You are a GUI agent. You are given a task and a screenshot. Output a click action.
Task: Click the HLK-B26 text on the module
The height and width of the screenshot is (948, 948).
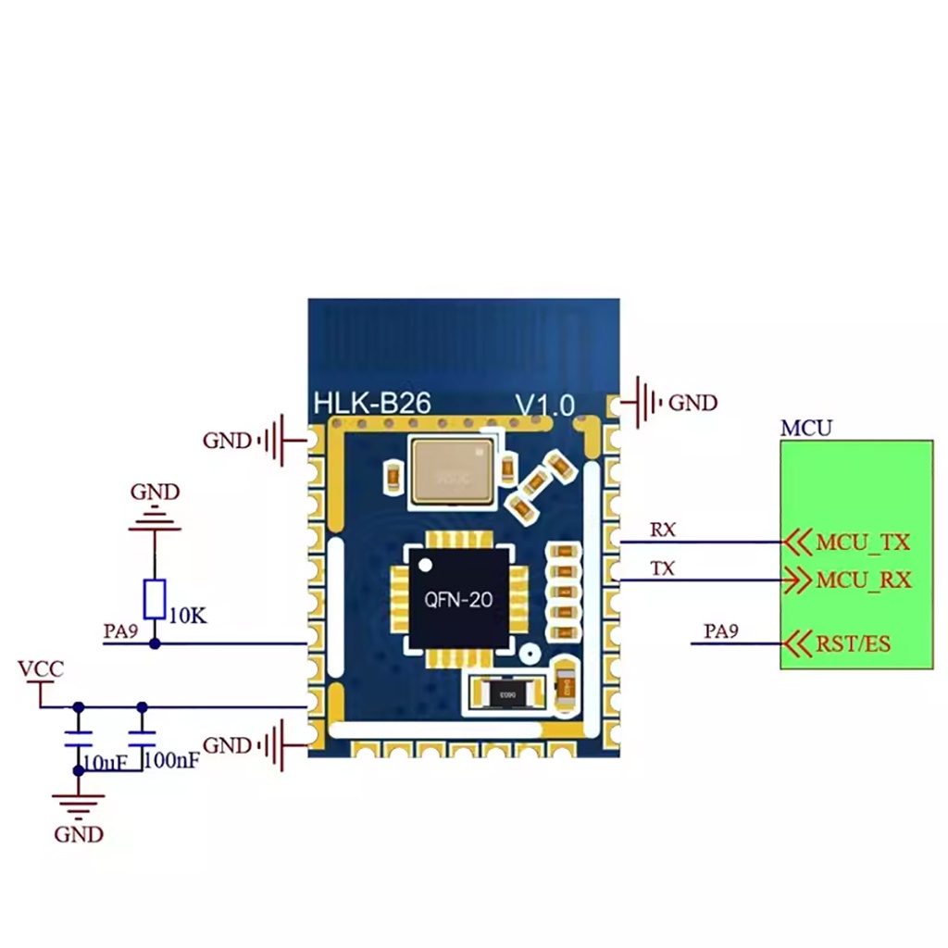coord(372,403)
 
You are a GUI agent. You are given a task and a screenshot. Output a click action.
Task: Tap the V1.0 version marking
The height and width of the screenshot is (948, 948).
coord(545,405)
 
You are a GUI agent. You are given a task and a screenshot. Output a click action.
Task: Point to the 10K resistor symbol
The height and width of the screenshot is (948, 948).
coord(155,599)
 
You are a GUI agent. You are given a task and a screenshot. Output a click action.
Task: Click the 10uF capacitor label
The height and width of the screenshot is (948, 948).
coord(104,762)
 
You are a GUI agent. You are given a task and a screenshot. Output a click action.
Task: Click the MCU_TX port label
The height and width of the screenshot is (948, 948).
coord(863,542)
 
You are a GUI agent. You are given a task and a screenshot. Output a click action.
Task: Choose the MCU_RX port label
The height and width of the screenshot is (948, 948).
coord(863,580)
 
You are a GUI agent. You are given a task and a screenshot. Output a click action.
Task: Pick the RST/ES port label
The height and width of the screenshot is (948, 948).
coord(853,642)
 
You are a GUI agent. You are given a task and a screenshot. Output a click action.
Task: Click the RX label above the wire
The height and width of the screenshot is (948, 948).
coord(662,530)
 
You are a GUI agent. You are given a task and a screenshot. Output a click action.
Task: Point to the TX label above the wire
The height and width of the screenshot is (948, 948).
coord(662,569)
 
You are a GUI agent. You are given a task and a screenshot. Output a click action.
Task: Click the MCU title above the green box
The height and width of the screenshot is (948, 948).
coord(805,428)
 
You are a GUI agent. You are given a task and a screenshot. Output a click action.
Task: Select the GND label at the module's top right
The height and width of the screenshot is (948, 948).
coord(692,403)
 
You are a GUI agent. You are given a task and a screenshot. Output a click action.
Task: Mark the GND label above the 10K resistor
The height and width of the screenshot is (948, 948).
coord(155,492)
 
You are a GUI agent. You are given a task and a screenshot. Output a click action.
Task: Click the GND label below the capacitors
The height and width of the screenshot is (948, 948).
coord(78,834)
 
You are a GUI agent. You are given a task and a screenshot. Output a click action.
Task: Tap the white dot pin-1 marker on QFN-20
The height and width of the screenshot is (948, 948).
coord(425,564)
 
